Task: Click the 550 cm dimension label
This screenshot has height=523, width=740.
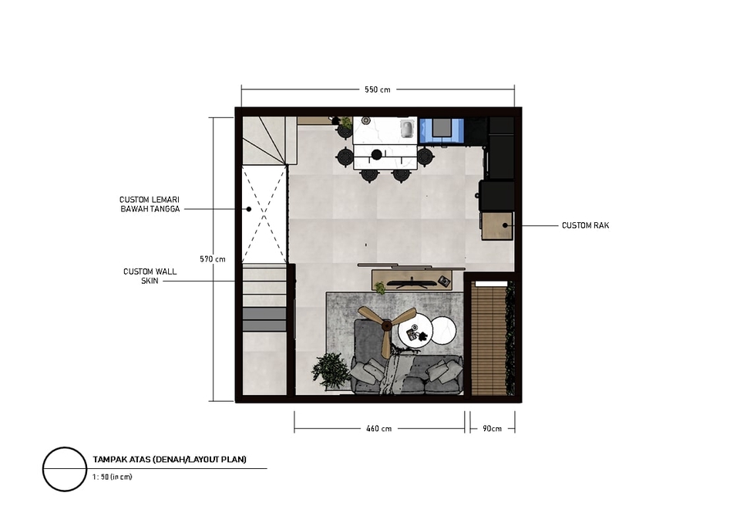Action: click(x=377, y=89)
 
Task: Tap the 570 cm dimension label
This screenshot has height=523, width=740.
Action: click(x=213, y=259)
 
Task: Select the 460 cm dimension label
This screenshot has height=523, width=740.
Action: click(x=379, y=429)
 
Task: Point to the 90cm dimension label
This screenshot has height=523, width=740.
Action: click(x=492, y=429)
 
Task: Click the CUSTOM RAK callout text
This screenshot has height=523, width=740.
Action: click(x=585, y=225)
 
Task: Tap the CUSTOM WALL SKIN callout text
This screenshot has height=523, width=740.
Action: click(x=150, y=276)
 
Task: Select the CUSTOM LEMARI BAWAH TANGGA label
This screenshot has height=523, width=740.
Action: click(x=150, y=204)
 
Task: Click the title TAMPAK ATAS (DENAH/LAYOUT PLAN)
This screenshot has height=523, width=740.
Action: click(x=170, y=459)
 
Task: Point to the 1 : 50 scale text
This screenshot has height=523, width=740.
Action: click(x=113, y=477)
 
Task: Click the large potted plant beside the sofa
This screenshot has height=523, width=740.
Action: click(x=331, y=371)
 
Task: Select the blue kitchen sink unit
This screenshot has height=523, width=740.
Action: click(x=442, y=130)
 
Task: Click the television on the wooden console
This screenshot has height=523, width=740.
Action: click(x=412, y=283)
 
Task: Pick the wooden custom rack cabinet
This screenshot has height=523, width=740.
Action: click(x=497, y=226)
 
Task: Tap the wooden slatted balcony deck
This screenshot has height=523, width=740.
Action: click(x=489, y=340)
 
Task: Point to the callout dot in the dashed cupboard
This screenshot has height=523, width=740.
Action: click(x=249, y=209)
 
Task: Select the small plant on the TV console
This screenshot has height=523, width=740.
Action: click(x=380, y=287)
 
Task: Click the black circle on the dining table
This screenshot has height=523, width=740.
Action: click(x=377, y=154)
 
